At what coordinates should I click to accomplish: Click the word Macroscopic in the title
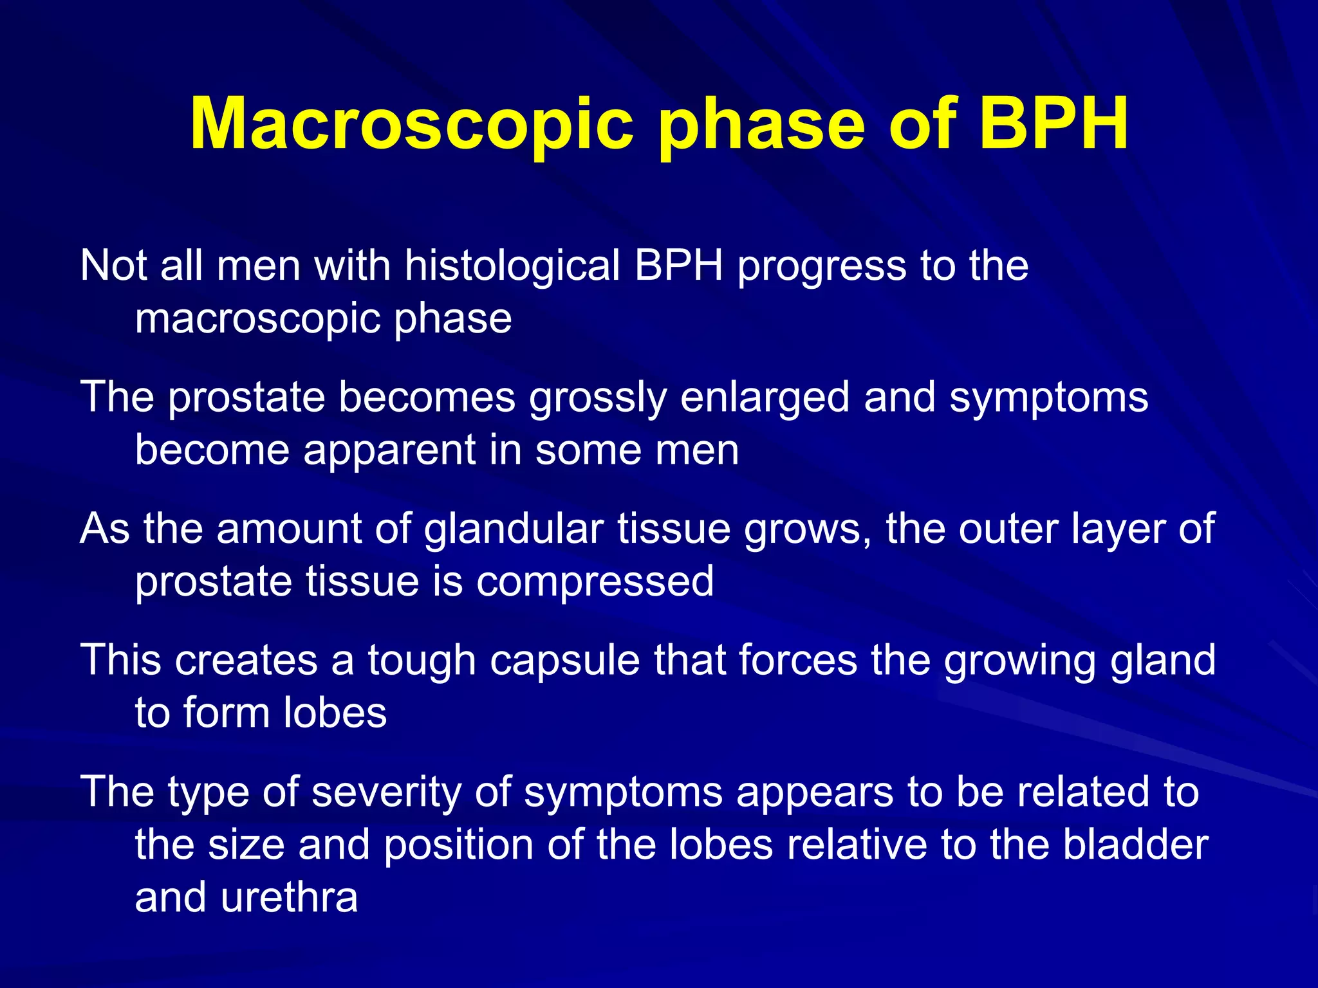pos(412,123)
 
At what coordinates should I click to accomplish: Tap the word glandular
pos(514,530)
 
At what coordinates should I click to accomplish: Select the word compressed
pos(595,583)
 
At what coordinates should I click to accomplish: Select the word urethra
pos(289,898)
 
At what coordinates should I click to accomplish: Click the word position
pos(459,846)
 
